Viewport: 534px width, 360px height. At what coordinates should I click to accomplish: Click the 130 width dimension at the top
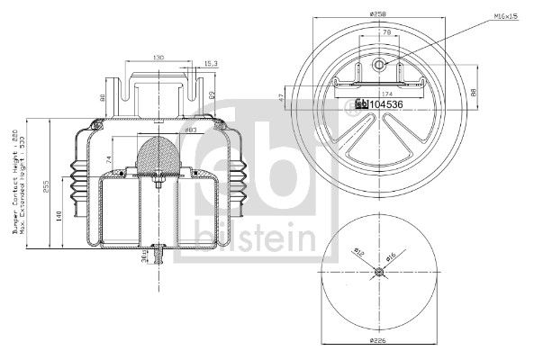(x=158, y=57)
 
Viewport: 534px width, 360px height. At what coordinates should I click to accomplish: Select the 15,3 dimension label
(x=211, y=64)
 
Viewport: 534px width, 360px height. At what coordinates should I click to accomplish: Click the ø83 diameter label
(x=191, y=132)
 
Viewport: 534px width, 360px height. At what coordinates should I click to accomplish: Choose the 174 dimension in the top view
(x=388, y=93)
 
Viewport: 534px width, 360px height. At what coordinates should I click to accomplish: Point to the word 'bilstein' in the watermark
(x=258, y=238)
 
